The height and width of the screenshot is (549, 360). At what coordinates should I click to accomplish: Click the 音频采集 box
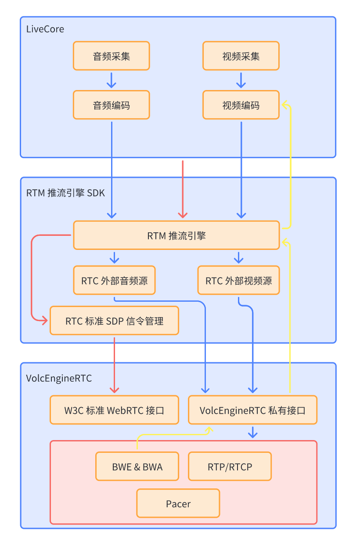coord(112,56)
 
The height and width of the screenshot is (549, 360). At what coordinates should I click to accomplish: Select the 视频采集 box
coord(241,56)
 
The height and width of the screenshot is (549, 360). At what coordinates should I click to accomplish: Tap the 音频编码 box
coord(112,105)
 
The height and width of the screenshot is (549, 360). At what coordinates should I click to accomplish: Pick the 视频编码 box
coord(241,105)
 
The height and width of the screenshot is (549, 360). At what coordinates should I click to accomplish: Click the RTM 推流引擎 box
coord(176,235)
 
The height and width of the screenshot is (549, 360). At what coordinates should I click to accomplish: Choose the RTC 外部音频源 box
coord(114,280)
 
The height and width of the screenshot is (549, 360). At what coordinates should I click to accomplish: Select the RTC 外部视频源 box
coord(238,280)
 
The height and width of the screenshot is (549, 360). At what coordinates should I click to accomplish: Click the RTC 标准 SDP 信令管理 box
coord(114,321)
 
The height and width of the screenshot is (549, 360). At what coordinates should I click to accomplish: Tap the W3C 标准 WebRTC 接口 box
coord(114,410)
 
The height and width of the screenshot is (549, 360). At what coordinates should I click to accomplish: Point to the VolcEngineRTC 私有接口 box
coord(252,410)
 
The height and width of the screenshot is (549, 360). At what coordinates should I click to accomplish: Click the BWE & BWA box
coord(137,466)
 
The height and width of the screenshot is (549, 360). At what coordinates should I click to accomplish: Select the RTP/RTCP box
coord(230,466)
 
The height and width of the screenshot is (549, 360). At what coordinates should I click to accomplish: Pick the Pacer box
coord(178,503)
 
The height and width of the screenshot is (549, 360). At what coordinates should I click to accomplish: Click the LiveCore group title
coord(45,29)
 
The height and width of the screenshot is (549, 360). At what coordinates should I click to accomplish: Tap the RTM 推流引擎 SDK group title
coord(65,192)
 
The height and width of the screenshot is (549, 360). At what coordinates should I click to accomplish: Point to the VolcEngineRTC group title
coord(59,378)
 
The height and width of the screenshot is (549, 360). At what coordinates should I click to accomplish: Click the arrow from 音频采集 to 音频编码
coord(112,80)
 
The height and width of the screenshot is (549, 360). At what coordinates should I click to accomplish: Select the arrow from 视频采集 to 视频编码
coord(241,80)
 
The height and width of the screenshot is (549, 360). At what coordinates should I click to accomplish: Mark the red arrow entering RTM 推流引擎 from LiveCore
coord(183,189)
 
